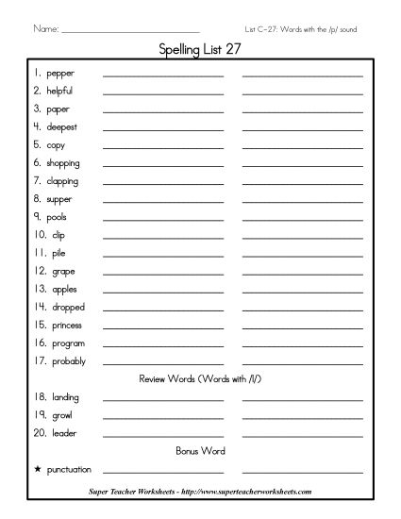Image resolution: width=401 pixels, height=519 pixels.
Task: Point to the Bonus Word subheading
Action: coord(200,450)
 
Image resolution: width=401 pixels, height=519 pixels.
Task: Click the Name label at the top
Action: coord(45,28)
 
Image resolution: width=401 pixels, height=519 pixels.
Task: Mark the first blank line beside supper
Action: coord(163,202)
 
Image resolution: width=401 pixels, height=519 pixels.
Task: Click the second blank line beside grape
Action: coord(302,274)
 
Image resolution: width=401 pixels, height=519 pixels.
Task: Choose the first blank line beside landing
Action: coord(163,400)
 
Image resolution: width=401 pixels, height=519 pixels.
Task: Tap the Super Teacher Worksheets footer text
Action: coord(199,492)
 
